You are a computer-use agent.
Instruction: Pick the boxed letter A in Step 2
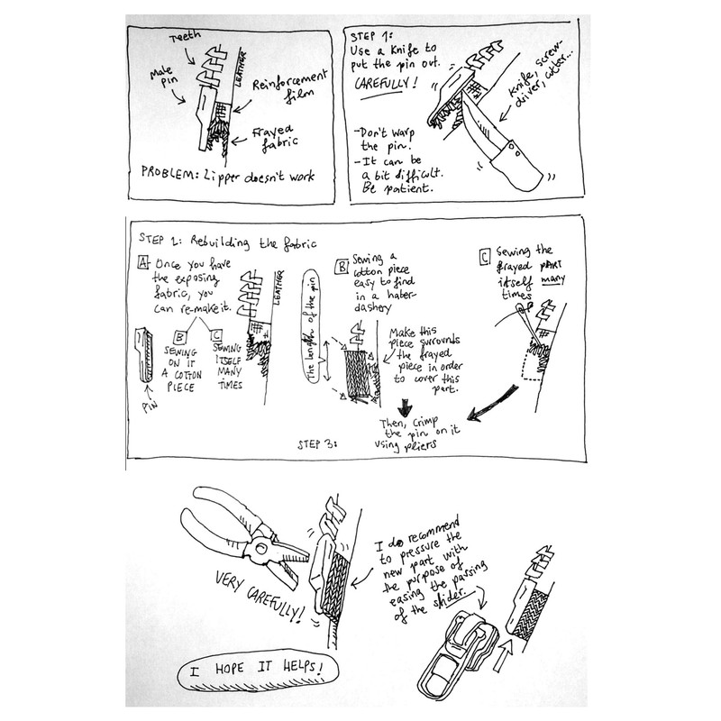[143, 264]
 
